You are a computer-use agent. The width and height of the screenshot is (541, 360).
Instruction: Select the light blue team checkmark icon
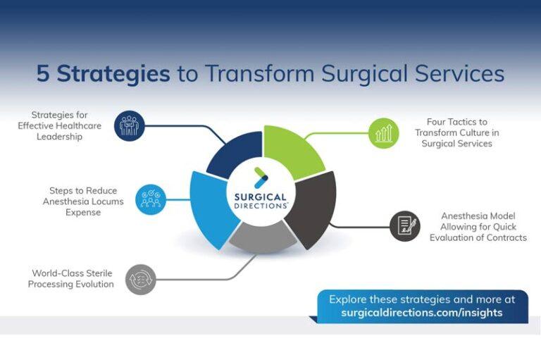[x=150, y=199]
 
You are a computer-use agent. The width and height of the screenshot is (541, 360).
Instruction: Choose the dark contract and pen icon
[x=405, y=225]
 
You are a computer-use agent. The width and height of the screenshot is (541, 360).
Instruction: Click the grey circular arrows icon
[x=139, y=278]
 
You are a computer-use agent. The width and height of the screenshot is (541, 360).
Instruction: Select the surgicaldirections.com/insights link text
[x=421, y=312]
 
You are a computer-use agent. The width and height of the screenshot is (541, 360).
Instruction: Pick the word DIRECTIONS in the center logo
[x=261, y=206]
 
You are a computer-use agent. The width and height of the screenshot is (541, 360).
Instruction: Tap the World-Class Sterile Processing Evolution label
[x=70, y=278]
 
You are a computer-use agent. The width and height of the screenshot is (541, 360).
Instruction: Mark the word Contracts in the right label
[x=504, y=237]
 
